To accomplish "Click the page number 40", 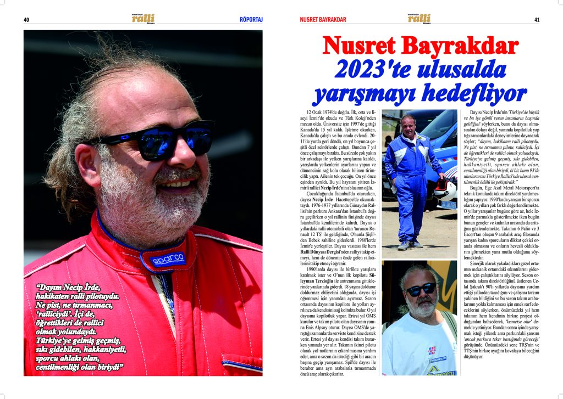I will point(26,20).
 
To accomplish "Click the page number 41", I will point(536,20).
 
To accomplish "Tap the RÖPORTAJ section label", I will point(251,20).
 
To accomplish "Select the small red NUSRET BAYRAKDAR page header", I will point(323,20).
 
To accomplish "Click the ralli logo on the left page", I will point(143,19).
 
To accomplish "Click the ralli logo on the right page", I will point(419,19).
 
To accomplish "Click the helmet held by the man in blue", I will point(446,190).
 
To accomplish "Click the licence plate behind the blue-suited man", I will point(448,205).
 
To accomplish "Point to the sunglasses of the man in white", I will point(421,289).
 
